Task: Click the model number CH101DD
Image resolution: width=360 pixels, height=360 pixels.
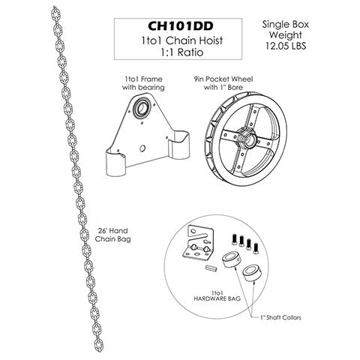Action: pyautogui.click(x=181, y=26)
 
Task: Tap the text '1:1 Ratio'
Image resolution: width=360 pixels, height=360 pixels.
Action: pyautogui.click(x=181, y=52)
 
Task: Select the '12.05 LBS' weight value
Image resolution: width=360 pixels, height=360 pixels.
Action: pyautogui.click(x=286, y=46)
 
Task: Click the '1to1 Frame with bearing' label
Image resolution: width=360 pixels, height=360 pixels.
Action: pyautogui.click(x=143, y=83)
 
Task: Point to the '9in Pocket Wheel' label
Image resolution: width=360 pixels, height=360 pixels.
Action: pyautogui.click(x=223, y=79)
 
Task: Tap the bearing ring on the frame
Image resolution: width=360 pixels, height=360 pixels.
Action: pyautogui.click(x=141, y=108)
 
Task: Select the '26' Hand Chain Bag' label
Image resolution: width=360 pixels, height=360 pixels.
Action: pyautogui.click(x=112, y=235)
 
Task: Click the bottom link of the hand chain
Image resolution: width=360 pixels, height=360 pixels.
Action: pyautogui.click(x=98, y=344)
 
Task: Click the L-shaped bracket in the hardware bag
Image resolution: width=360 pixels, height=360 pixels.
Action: pyautogui.click(x=198, y=242)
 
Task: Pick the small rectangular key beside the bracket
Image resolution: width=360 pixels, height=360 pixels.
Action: pyautogui.click(x=211, y=268)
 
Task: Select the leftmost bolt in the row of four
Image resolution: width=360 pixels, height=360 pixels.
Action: pyautogui.click(x=234, y=238)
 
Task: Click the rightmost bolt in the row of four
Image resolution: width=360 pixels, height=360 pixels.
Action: pyautogui.click(x=256, y=247)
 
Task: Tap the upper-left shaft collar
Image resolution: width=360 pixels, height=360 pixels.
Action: pyautogui.click(x=232, y=260)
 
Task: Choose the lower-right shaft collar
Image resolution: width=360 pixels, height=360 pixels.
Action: pyautogui.click(x=252, y=274)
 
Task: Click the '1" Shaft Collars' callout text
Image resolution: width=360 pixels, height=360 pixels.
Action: pyautogui.click(x=280, y=317)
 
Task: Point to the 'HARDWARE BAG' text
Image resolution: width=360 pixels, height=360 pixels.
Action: pyautogui.click(x=217, y=298)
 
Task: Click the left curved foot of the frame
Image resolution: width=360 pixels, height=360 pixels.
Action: pyautogui.click(x=117, y=162)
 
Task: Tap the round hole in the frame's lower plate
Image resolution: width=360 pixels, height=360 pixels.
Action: pyautogui.click(x=142, y=148)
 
